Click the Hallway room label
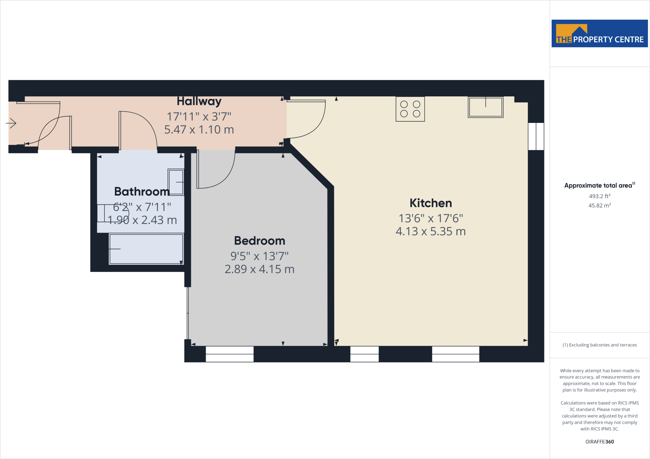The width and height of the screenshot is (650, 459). point(199,101)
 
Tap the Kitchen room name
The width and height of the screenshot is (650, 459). point(431,203)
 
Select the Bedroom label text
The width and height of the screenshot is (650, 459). point(260,241)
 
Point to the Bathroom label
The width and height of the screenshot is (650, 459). point(142,191)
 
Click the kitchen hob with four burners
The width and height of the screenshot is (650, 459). point(410,109)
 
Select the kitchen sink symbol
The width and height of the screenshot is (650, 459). point(486,107)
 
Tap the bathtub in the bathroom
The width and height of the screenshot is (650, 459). point(146,249)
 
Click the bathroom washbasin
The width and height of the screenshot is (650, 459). point(176,182)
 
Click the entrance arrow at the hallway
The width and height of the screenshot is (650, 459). point(11,123)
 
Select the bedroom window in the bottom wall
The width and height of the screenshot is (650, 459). point(229,354)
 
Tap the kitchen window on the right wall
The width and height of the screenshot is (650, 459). point(536,136)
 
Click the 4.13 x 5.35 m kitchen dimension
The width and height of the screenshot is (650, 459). point(431,231)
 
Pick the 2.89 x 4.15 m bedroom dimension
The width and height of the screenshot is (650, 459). point(260,269)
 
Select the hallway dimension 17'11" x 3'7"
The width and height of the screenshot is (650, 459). point(199,116)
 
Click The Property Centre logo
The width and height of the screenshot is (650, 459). point(600,34)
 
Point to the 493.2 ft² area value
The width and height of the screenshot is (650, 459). point(600,196)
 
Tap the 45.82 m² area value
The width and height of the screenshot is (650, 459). point(600,205)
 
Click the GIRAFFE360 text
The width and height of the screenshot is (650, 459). point(600,442)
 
